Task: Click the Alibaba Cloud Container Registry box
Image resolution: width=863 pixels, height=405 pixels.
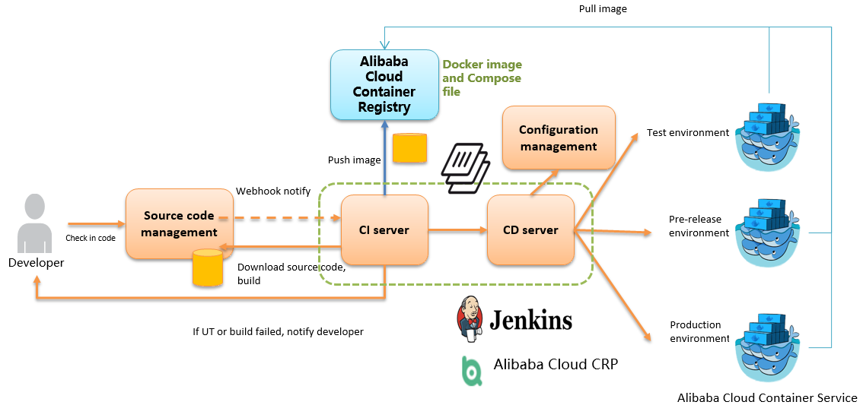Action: [x=384, y=84]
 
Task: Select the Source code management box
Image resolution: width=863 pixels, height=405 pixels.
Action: [x=179, y=224]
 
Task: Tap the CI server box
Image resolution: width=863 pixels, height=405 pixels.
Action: [x=384, y=230]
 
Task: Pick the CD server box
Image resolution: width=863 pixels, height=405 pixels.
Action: [x=530, y=230]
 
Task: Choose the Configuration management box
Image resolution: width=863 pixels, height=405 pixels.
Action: [x=559, y=138]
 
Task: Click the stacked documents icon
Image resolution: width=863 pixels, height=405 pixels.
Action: [x=465, y=167]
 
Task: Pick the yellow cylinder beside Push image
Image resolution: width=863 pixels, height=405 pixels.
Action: [x=409, y=148]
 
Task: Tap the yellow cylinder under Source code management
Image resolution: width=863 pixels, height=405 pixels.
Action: [x=207, y=268]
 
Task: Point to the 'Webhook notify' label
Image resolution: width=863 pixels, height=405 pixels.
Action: [x=273, y=191]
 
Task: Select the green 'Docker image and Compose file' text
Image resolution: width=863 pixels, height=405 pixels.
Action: [x=482, y=78]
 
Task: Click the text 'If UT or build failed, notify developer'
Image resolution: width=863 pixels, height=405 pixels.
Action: [x=279, y=332]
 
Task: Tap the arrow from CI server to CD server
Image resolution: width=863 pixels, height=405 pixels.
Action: [x=457, y=230]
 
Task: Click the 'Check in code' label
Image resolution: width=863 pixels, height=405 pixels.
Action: [x=91, y=238]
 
